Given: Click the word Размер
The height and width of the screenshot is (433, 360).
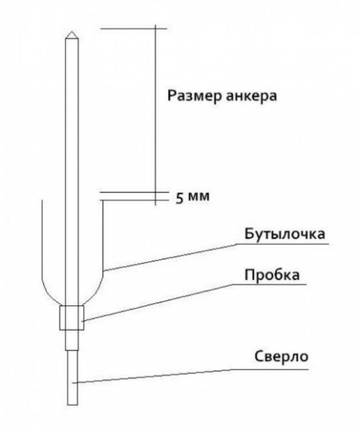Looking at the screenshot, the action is click(194, 96).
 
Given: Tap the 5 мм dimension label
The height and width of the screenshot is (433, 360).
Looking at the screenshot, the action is click(193, 197).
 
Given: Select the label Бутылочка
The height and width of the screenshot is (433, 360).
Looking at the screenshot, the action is click(285, 234).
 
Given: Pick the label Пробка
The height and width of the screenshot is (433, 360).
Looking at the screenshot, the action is click(272, 275).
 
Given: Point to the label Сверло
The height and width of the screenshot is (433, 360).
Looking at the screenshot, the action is click(282, 356).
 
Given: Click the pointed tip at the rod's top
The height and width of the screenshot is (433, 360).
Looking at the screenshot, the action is click(72, 31).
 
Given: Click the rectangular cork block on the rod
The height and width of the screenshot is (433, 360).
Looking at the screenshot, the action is click(72, 317).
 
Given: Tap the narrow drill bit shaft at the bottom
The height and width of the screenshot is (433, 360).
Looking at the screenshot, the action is click(72, 378).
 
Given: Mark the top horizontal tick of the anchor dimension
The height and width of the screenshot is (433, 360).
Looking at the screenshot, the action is click(134, 28).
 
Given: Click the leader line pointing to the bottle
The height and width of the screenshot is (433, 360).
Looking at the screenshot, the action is click(170, 257).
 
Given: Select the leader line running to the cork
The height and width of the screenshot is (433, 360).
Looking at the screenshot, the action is click(158, 302).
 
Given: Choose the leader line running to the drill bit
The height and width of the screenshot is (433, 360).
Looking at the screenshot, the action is click(152, 376).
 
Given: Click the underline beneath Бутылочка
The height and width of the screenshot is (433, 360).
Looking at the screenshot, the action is click(282, 244).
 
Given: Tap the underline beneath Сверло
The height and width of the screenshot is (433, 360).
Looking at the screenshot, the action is click(270, 370).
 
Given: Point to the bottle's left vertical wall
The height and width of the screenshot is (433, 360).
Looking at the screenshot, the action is click(42, 240).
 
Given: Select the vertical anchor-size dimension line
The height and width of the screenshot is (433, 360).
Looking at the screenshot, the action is click(155, 115).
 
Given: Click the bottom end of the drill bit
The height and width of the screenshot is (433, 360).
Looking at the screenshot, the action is click(72, 405).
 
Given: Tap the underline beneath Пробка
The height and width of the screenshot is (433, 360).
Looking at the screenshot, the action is click(269, 284).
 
